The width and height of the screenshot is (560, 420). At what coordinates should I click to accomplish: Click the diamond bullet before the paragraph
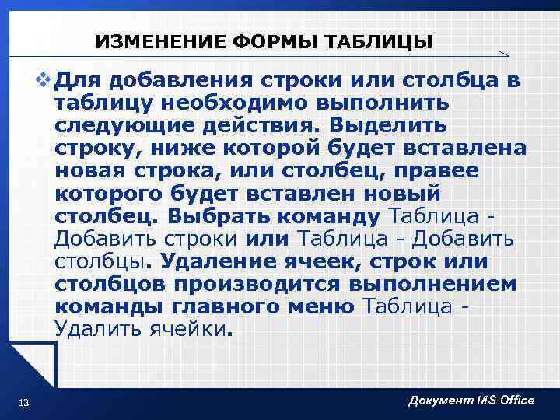pyautogui.click(x=44, y=80)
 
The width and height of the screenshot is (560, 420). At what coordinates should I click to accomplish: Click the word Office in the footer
pyautogui.click(x=511, y=400)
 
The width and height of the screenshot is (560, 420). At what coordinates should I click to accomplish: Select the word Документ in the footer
pyautogui.click(x=438, y=400)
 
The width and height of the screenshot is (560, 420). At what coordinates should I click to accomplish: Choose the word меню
pyautogui.click(x=317, y=306)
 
